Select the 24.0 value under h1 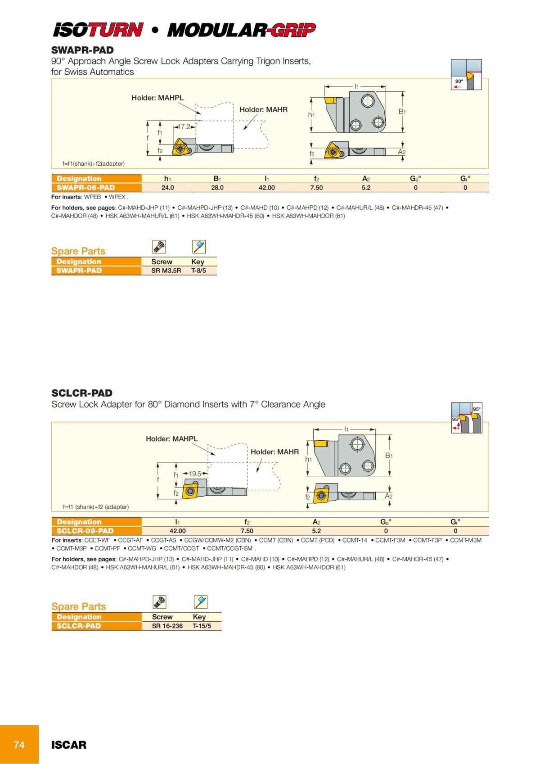coord(168,188)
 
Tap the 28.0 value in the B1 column coord(217,188)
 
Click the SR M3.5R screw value coord(166,271)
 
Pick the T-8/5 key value coord(198,271)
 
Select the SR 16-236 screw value coord(167,626)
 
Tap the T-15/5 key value coord(202,626)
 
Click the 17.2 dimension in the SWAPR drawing coord(184,127)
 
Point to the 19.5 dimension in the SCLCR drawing coord(195,474)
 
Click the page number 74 coord(19,745)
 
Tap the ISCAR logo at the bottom coord(69,745)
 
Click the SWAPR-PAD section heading coord(82,50)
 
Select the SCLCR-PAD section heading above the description coord(82,393)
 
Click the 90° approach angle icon coord(466,74)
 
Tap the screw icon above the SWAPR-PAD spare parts coord(159,246)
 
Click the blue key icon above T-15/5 coord(200,601)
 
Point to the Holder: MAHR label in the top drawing coord(263,109)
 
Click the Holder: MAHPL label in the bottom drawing coord(171,439)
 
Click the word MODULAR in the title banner coord(216,31)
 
